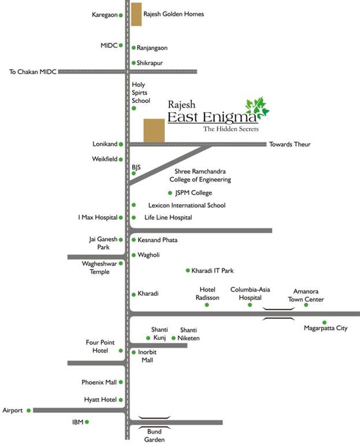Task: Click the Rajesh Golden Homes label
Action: tap(173, 14)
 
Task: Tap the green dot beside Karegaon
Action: tap(121, 15)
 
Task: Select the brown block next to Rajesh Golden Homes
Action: tap(136, 14)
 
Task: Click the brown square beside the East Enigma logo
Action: tap(154, 130)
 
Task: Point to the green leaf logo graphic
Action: tap(257, 108)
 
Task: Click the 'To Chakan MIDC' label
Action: tap(33, 72)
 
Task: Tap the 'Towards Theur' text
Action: tap(290, 145)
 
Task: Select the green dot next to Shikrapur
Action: tap(133, 63)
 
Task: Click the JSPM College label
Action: tap(194, 193)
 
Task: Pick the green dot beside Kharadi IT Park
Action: tap(188, 271)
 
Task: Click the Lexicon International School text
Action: tap(187, 205)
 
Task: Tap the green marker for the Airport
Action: tap(28, 410)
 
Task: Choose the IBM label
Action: tap(78, 422)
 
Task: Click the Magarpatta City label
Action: tap(325, 328)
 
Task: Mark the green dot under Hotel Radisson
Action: tap(207, 305)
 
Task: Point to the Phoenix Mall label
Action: tap(99, 382)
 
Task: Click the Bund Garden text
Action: tap(154, 435)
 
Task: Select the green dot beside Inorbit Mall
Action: tap(133, 352)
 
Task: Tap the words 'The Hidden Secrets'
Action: tap(231, 129)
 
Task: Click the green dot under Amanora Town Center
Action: tap(306, 305)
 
